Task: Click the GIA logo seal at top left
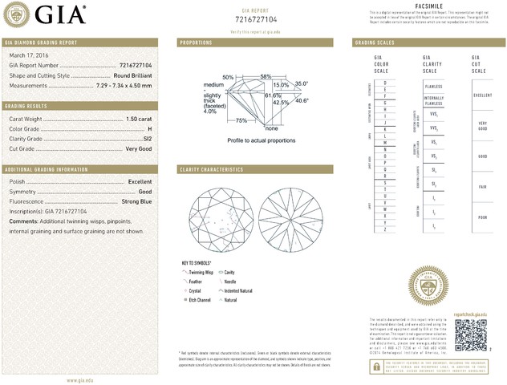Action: [x=17, y=14]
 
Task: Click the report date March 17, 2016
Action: [x=29, y=55]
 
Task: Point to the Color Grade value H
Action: [x=150, y=128]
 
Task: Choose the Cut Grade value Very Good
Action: [x=140, y=148]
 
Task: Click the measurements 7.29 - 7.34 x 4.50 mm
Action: [x=124, y=83]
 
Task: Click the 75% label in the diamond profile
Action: [x=241, y=120]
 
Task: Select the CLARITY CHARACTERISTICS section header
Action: [x=211, y=169]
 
